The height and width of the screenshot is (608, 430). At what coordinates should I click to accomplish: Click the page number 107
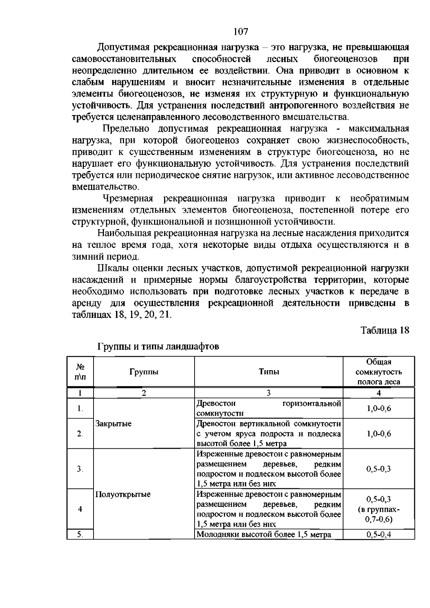coord(240,32)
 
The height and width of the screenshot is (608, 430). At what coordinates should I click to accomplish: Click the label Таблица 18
coord(384,330)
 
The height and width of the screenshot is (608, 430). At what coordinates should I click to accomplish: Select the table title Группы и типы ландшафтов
coord(158,347)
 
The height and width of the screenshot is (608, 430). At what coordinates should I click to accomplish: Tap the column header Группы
coord(144,372)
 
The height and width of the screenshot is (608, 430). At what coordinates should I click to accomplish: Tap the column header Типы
coord(269,372)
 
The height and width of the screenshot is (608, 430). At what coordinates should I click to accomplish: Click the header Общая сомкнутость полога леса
coord(379,372)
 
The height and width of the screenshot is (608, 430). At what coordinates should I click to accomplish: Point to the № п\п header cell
coord(80,372)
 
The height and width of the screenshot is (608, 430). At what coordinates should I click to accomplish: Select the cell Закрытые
coord(114,424)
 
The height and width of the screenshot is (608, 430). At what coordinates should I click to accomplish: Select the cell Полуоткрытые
coord(123,495)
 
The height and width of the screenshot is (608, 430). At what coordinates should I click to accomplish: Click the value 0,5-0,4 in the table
coord(379,535)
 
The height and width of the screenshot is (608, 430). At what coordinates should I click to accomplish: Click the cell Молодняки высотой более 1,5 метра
coord(264,535)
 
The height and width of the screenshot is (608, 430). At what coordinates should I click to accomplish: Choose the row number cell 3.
coord(80,469)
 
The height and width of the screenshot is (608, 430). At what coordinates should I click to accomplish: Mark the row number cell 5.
coord(80,535)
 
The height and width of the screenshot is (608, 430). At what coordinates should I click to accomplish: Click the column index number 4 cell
coord(379,393)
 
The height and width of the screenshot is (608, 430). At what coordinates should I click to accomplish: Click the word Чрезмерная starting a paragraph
coord(128,199)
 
